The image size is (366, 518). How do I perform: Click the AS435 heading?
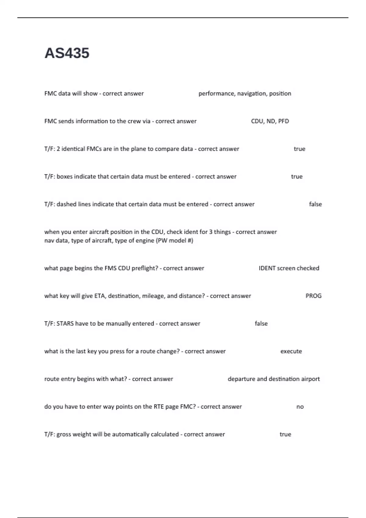67,53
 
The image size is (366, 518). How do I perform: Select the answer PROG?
313,296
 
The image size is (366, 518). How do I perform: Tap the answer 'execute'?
291,351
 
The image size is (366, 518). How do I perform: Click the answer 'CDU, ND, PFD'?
270,121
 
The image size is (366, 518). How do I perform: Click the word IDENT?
267,268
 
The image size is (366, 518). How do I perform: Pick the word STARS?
65,324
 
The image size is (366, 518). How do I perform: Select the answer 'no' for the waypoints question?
300,407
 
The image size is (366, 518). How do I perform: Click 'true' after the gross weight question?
285,435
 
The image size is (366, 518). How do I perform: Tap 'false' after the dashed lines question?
315,204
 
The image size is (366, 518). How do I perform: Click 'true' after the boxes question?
296,177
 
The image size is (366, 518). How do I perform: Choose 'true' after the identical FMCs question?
299,149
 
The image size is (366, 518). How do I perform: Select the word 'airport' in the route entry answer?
310,379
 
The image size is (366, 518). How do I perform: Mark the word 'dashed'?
66,204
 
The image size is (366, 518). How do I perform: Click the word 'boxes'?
65,177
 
